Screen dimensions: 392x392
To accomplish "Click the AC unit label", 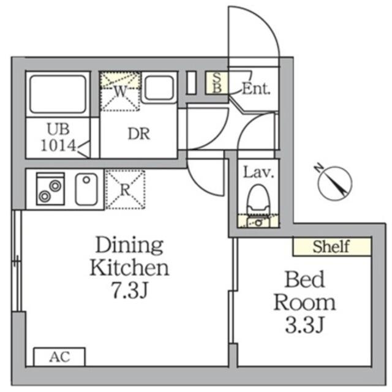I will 59,356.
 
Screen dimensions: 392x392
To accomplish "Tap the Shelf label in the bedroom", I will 331,247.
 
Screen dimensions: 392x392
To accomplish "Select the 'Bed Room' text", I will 304,291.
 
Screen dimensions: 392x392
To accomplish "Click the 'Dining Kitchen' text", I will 129,256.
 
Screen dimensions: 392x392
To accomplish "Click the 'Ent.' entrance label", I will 256,88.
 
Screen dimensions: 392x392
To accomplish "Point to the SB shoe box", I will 217,83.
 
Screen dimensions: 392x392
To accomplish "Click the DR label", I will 139,134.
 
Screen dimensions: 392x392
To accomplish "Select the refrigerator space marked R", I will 124,189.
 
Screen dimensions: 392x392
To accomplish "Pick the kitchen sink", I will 86,189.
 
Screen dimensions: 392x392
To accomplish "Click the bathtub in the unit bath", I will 57,92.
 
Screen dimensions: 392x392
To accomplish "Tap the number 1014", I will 58,146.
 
